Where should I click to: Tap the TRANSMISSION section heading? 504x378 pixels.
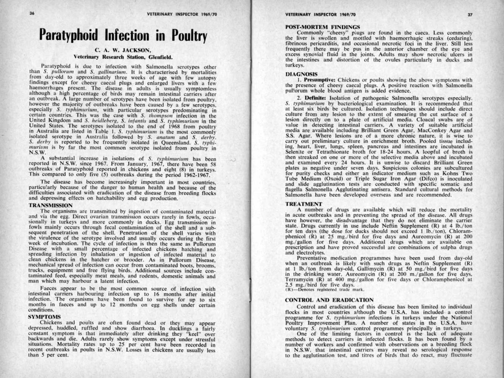[50, 206]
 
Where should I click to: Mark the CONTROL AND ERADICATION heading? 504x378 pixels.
[329, 300]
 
